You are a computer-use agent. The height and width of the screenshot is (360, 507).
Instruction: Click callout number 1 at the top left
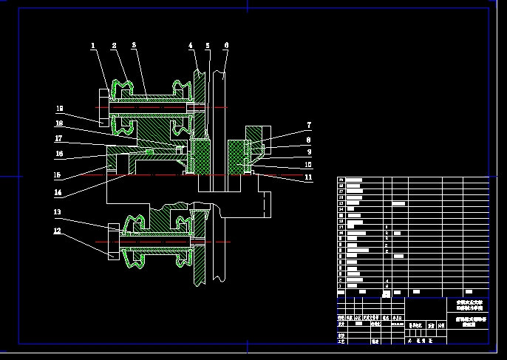point(94,46)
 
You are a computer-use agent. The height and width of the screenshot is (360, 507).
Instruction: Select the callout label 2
point(114,46)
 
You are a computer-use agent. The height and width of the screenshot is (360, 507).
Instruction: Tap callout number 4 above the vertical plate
point(190,46)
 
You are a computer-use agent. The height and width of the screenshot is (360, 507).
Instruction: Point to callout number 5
point(208,46)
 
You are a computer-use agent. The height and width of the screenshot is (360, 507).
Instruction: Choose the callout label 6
point(225,46)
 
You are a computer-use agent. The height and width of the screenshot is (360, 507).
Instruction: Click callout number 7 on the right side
point(309,126)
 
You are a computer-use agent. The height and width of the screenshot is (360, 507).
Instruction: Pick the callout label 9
point(309,152)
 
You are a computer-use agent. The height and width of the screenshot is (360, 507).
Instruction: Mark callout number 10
point(309,164)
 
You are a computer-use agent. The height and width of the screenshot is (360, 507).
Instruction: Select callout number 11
point(309,177)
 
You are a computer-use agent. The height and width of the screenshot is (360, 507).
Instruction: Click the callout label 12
point(57,231)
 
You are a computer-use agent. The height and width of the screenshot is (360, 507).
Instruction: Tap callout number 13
point(57,212)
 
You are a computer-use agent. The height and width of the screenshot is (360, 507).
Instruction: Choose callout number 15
point(57,175)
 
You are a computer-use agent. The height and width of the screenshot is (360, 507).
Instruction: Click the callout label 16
point(57,154)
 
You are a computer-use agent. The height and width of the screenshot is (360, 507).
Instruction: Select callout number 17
point(57,137)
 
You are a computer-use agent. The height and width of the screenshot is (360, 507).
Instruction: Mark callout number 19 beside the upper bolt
point(60,108)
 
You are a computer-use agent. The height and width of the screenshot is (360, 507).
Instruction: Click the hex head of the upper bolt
point(102,107)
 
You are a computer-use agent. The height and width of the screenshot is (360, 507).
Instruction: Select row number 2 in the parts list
point(341,280)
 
